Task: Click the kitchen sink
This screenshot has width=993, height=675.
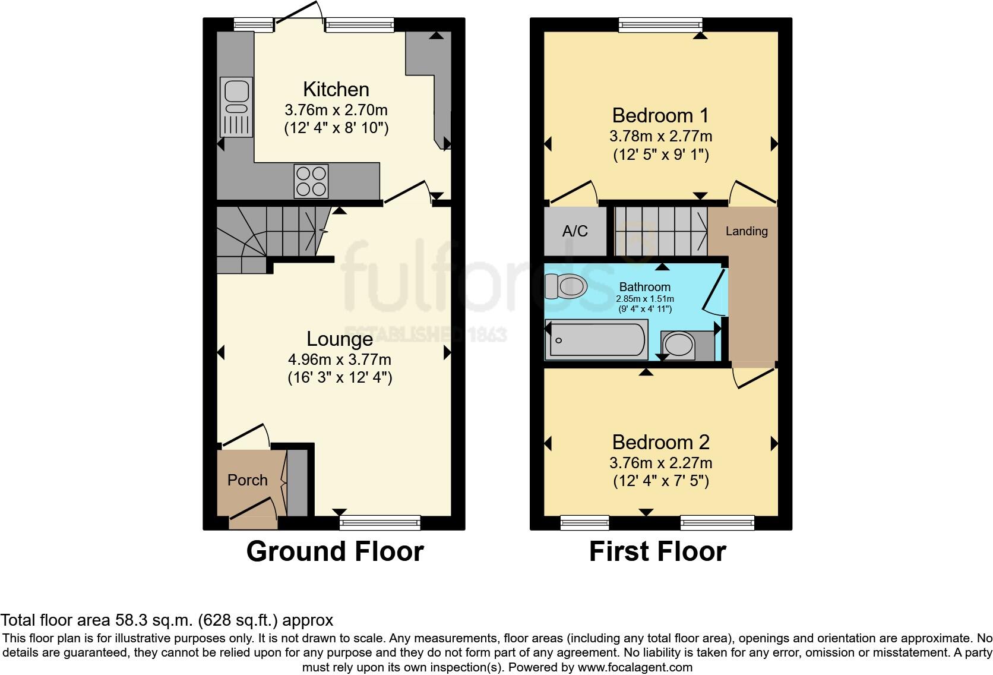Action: coord(236,107)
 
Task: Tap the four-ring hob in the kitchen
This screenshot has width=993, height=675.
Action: coord(311,181)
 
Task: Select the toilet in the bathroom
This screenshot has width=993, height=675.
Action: coord(565,286)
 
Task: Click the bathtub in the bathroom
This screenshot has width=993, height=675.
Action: coord(596,340)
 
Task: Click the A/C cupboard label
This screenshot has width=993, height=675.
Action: coord(575,231)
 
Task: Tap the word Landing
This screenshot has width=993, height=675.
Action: coord(747,231)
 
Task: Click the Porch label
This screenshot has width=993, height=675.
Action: coord(248,480)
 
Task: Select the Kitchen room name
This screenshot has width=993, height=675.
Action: coord(336,89)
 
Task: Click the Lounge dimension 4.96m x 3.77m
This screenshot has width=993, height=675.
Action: coord(340,359)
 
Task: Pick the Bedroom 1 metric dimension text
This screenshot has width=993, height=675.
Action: coord(660,135)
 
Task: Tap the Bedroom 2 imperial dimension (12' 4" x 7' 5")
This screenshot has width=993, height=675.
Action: coord(661,481)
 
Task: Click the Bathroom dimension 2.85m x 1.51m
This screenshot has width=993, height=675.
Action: coord(645,299)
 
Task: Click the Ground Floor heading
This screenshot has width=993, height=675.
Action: coord(335,551)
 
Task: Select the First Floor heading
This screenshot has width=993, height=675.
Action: coord(658,551)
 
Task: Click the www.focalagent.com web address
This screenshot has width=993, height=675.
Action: coord(635,667)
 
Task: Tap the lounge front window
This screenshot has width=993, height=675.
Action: coord(380,523)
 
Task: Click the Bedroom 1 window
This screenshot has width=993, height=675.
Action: coord(660,25)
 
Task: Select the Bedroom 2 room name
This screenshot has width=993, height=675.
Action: coord(661,442)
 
